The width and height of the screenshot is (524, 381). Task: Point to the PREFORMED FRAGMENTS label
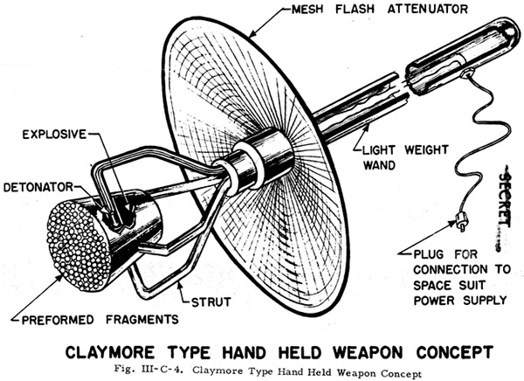[x=98, y=318]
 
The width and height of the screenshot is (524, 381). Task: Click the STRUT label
[x=214, y=301]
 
